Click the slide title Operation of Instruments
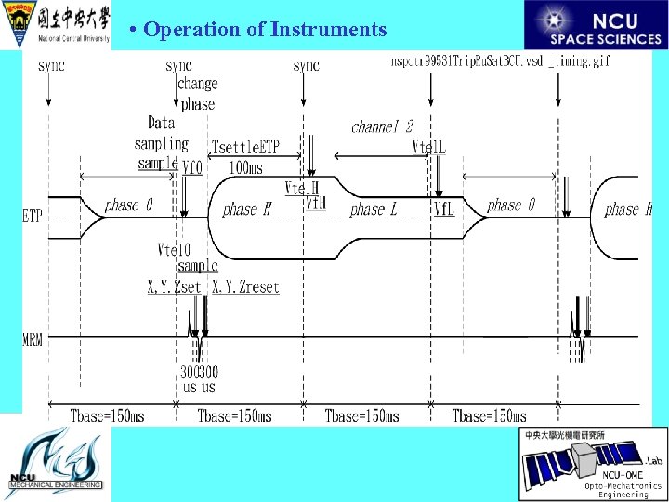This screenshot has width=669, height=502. (265, 30)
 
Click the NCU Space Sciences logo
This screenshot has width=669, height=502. (596, 25)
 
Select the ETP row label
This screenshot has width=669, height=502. (33, 217)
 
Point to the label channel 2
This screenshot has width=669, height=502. (382, 126)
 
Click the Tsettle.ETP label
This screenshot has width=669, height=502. (245, 148)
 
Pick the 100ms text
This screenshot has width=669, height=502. (246, 168)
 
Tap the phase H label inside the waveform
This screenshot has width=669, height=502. (246, 210)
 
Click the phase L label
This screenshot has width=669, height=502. (374, 210)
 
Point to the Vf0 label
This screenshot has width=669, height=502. (192, 167)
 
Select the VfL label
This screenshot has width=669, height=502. (443, 209)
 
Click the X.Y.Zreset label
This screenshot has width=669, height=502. (245, 287)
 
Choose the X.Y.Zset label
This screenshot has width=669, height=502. (174, 287)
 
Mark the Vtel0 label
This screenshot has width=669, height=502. (174, 249)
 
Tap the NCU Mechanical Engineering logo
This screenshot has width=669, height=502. (55, 463)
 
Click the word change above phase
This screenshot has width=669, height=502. (196, 85)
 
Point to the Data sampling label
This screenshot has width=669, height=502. (162, 133)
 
